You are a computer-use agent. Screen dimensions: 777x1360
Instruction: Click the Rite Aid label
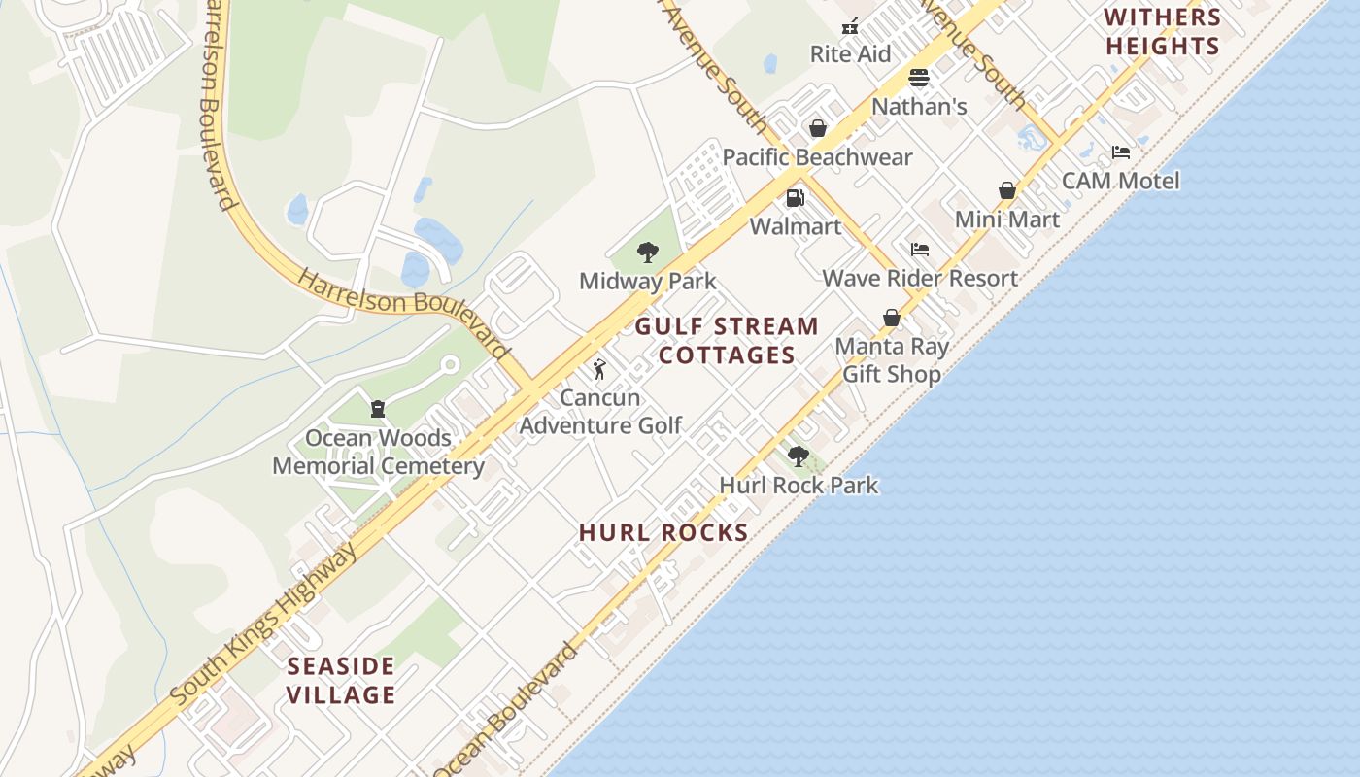[850, 54]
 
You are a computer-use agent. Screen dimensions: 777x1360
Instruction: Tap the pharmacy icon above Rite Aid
[850, 26]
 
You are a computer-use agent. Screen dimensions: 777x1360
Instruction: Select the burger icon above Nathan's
[919, 78]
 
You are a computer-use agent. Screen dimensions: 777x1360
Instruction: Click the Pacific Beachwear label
[817, 157]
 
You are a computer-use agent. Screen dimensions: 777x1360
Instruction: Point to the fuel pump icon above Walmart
[795, 198]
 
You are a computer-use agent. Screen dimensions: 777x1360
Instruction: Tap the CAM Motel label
[1120, 181]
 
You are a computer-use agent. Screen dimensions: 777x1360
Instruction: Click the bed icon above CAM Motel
[1120, 152]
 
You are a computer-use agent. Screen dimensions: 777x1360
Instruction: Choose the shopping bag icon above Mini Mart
[1007, 190]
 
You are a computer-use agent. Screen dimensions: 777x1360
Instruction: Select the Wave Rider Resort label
[920, 278]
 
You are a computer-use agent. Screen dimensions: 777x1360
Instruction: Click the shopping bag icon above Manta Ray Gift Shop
[891, 318]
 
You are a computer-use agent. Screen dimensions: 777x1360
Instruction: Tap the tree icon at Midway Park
[647, 253]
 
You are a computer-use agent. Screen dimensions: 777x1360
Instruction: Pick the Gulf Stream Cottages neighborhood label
[727, 341]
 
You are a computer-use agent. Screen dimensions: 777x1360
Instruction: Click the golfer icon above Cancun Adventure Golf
[599, 369]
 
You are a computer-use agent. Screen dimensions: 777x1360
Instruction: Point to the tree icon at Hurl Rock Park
[798, 456]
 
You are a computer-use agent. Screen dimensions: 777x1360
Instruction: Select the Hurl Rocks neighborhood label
[663, 532]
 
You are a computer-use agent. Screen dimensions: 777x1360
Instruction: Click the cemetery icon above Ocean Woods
[378, 409]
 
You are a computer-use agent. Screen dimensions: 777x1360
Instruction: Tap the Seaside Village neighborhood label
[342, 681]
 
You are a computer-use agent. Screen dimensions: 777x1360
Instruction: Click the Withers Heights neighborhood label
[1162, 31]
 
